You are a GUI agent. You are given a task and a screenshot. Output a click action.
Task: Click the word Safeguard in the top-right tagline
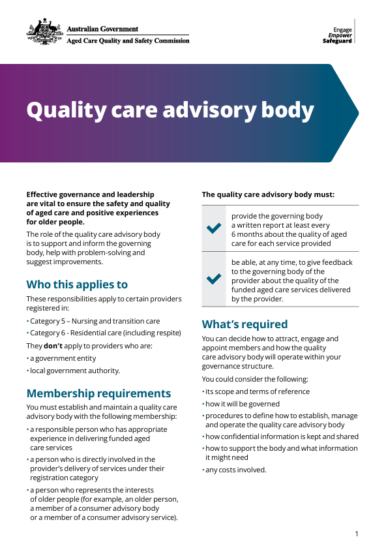337,41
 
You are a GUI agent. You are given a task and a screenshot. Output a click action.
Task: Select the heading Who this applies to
77,284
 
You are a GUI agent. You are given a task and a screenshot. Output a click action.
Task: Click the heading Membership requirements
98,393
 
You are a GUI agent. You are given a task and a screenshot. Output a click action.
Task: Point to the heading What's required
245,324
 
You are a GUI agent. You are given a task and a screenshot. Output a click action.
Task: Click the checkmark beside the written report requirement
214,229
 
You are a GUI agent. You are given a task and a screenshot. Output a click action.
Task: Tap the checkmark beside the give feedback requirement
214,279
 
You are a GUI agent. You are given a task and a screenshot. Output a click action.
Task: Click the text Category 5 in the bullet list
50,321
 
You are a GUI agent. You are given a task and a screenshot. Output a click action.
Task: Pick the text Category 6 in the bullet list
50,333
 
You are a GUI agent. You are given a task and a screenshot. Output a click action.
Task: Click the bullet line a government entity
63,358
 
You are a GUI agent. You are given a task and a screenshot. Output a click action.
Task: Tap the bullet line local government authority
75,371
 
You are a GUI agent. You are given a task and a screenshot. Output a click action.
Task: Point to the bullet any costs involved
235,470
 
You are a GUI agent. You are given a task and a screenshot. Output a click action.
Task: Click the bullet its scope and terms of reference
257,391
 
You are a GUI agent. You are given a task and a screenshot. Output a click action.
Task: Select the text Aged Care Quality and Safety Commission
128,40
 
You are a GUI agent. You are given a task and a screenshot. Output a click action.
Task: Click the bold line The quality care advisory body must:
268,194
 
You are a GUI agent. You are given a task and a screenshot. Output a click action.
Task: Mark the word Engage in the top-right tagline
342,30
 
